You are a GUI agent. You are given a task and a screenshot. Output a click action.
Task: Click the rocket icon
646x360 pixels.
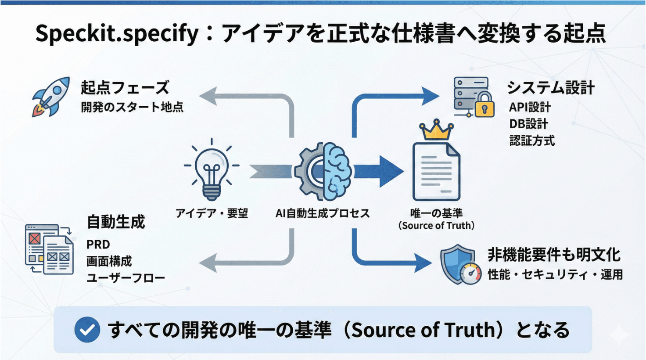click(51, 97)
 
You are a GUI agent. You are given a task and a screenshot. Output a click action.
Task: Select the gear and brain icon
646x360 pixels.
click(323, 171)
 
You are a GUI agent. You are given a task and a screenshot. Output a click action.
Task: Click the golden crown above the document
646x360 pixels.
click(436, 130)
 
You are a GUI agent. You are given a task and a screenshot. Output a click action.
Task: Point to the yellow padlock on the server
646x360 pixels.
click(484, 105)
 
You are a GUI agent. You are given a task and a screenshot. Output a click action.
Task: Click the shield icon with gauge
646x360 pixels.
click(460, 265)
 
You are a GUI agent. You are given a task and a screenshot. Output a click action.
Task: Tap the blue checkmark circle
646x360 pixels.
click(87, 330)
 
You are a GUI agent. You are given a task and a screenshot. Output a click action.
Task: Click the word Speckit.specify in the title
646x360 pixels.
click(117, 34)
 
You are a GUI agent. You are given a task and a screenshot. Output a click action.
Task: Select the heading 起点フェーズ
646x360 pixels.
click(125, 87)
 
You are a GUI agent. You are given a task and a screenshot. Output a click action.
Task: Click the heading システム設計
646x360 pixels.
click(551, 87)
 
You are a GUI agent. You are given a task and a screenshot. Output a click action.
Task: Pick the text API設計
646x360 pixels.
click(530, 107)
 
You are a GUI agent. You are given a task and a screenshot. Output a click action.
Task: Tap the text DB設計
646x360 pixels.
click(528, 124)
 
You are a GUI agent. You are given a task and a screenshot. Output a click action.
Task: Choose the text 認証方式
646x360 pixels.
click(532, 140)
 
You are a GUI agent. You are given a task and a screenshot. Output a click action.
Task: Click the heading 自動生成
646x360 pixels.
click(116, 222)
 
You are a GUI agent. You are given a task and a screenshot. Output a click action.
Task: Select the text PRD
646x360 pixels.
click(98, 244)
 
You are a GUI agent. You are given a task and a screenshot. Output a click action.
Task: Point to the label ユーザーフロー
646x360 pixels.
click(126, 278)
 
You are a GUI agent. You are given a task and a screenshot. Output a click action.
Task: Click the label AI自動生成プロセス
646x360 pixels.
click(323, 213)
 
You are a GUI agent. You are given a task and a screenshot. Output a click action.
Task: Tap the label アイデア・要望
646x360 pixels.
click(212, 213)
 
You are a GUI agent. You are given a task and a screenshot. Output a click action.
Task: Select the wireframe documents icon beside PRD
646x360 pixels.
click(49, 248)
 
